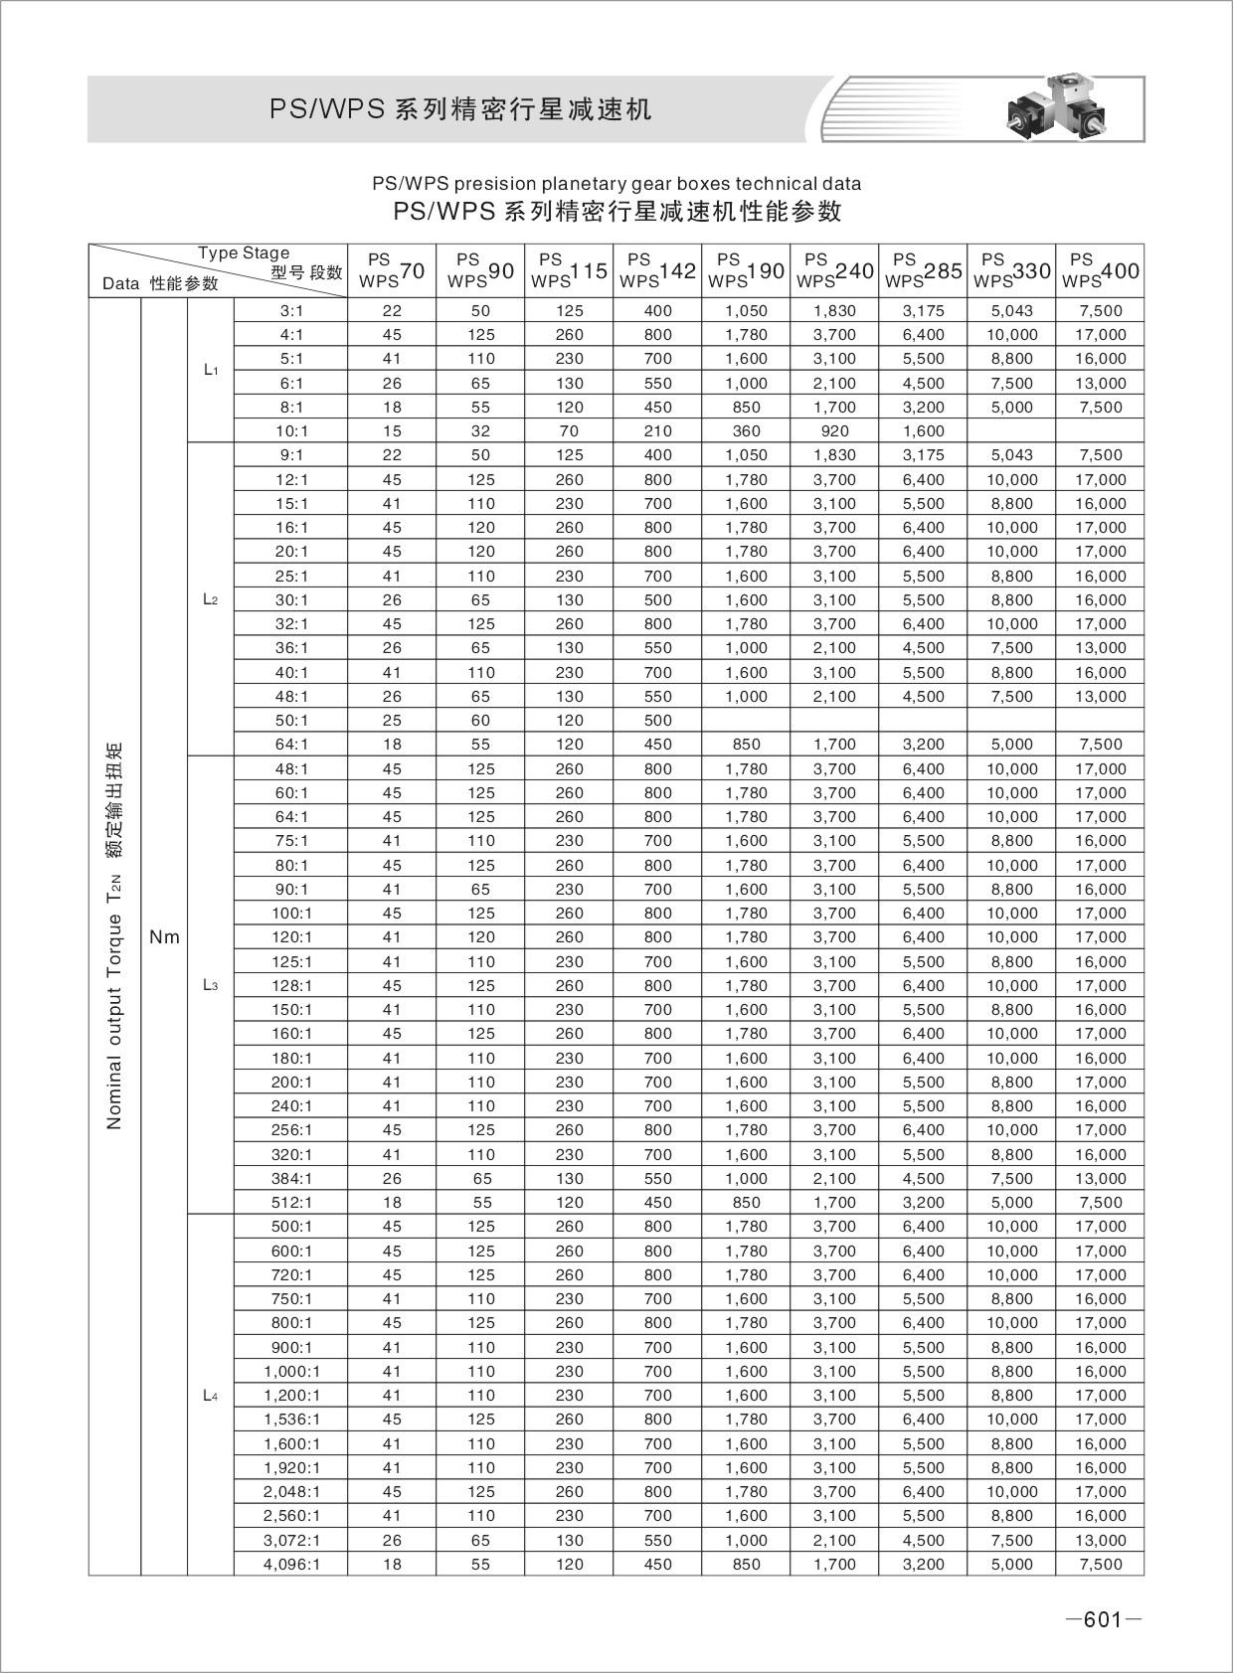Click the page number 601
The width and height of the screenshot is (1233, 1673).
tap(1102, 1620)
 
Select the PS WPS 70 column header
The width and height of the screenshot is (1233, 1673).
tap(392, 270)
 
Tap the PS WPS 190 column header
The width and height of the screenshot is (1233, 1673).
tap(746, 270)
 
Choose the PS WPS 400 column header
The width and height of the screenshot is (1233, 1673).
tap(1101, 270)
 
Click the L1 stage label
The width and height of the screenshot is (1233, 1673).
tap(210, 370)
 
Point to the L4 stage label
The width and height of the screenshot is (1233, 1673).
tap(210, 1396)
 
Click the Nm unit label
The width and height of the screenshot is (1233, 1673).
tap(164, 936)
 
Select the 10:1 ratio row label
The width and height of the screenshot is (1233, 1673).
tap(291, 431)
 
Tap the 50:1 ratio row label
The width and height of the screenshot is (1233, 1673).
tap(291, 721)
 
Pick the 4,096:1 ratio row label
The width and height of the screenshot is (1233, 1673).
tap(291, 1564)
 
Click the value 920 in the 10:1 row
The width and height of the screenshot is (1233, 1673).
tap(835, 431)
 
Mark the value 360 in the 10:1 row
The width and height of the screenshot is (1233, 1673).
tap(746, 431)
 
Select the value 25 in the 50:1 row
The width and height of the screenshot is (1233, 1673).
tap(392, 721)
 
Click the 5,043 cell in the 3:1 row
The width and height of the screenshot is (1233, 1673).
tap(1012, 310)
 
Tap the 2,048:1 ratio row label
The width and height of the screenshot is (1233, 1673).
tap(291, 1492)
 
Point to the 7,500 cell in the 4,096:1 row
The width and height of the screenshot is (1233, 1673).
tap(1101, 1564)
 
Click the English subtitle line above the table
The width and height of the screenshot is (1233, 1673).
tap(616, 184)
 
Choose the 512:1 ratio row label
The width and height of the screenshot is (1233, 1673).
tap(291, 1202)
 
